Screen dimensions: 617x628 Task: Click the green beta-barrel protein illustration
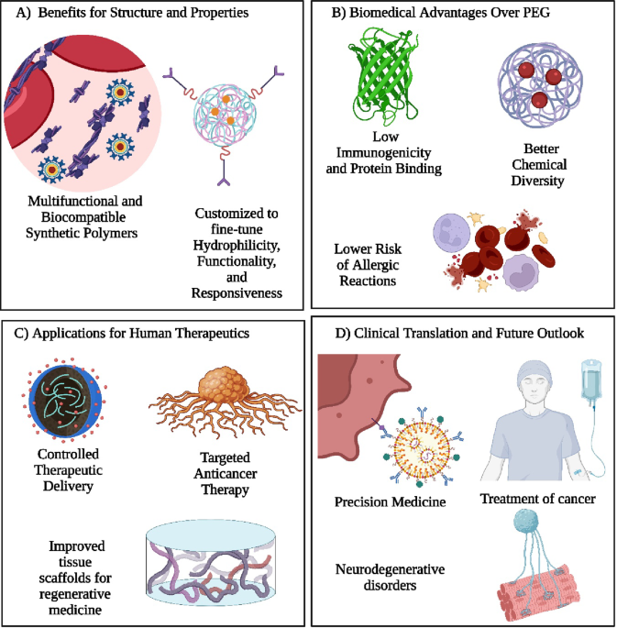(383, 76)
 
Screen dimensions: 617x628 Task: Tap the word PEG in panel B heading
(536, 13)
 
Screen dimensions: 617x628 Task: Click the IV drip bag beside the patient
(591, 380)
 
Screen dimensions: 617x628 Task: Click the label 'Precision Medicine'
(390, 501)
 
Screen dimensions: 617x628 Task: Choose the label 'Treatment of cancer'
(538, 499)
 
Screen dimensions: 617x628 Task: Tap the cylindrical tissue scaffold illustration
(211, 563)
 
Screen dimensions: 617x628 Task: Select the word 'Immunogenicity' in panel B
(383, 152)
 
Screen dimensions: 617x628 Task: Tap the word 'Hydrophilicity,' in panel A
(237, 245)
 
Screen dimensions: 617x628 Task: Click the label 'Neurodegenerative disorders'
(390, 578)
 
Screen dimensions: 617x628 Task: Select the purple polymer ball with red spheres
(540, 85)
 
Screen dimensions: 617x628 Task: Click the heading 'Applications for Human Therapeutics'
(140, 333)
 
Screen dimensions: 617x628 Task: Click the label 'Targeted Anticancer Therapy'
(226, 473)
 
